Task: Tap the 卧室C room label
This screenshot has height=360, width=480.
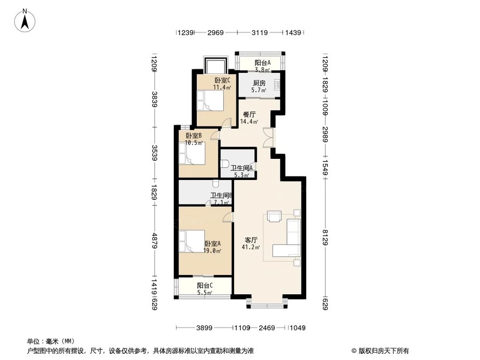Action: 222,81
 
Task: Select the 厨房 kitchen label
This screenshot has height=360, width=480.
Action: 260,83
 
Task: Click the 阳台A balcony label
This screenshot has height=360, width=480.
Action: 262,63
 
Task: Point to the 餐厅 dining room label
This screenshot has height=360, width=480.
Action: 249,115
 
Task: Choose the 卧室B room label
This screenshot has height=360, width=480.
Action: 194,136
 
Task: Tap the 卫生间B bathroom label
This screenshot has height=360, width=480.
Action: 221,196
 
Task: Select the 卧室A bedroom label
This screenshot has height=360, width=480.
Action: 212,244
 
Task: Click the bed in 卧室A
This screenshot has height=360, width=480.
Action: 191,241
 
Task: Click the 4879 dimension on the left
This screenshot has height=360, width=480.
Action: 154,239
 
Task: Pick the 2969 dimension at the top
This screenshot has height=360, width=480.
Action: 216,33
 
